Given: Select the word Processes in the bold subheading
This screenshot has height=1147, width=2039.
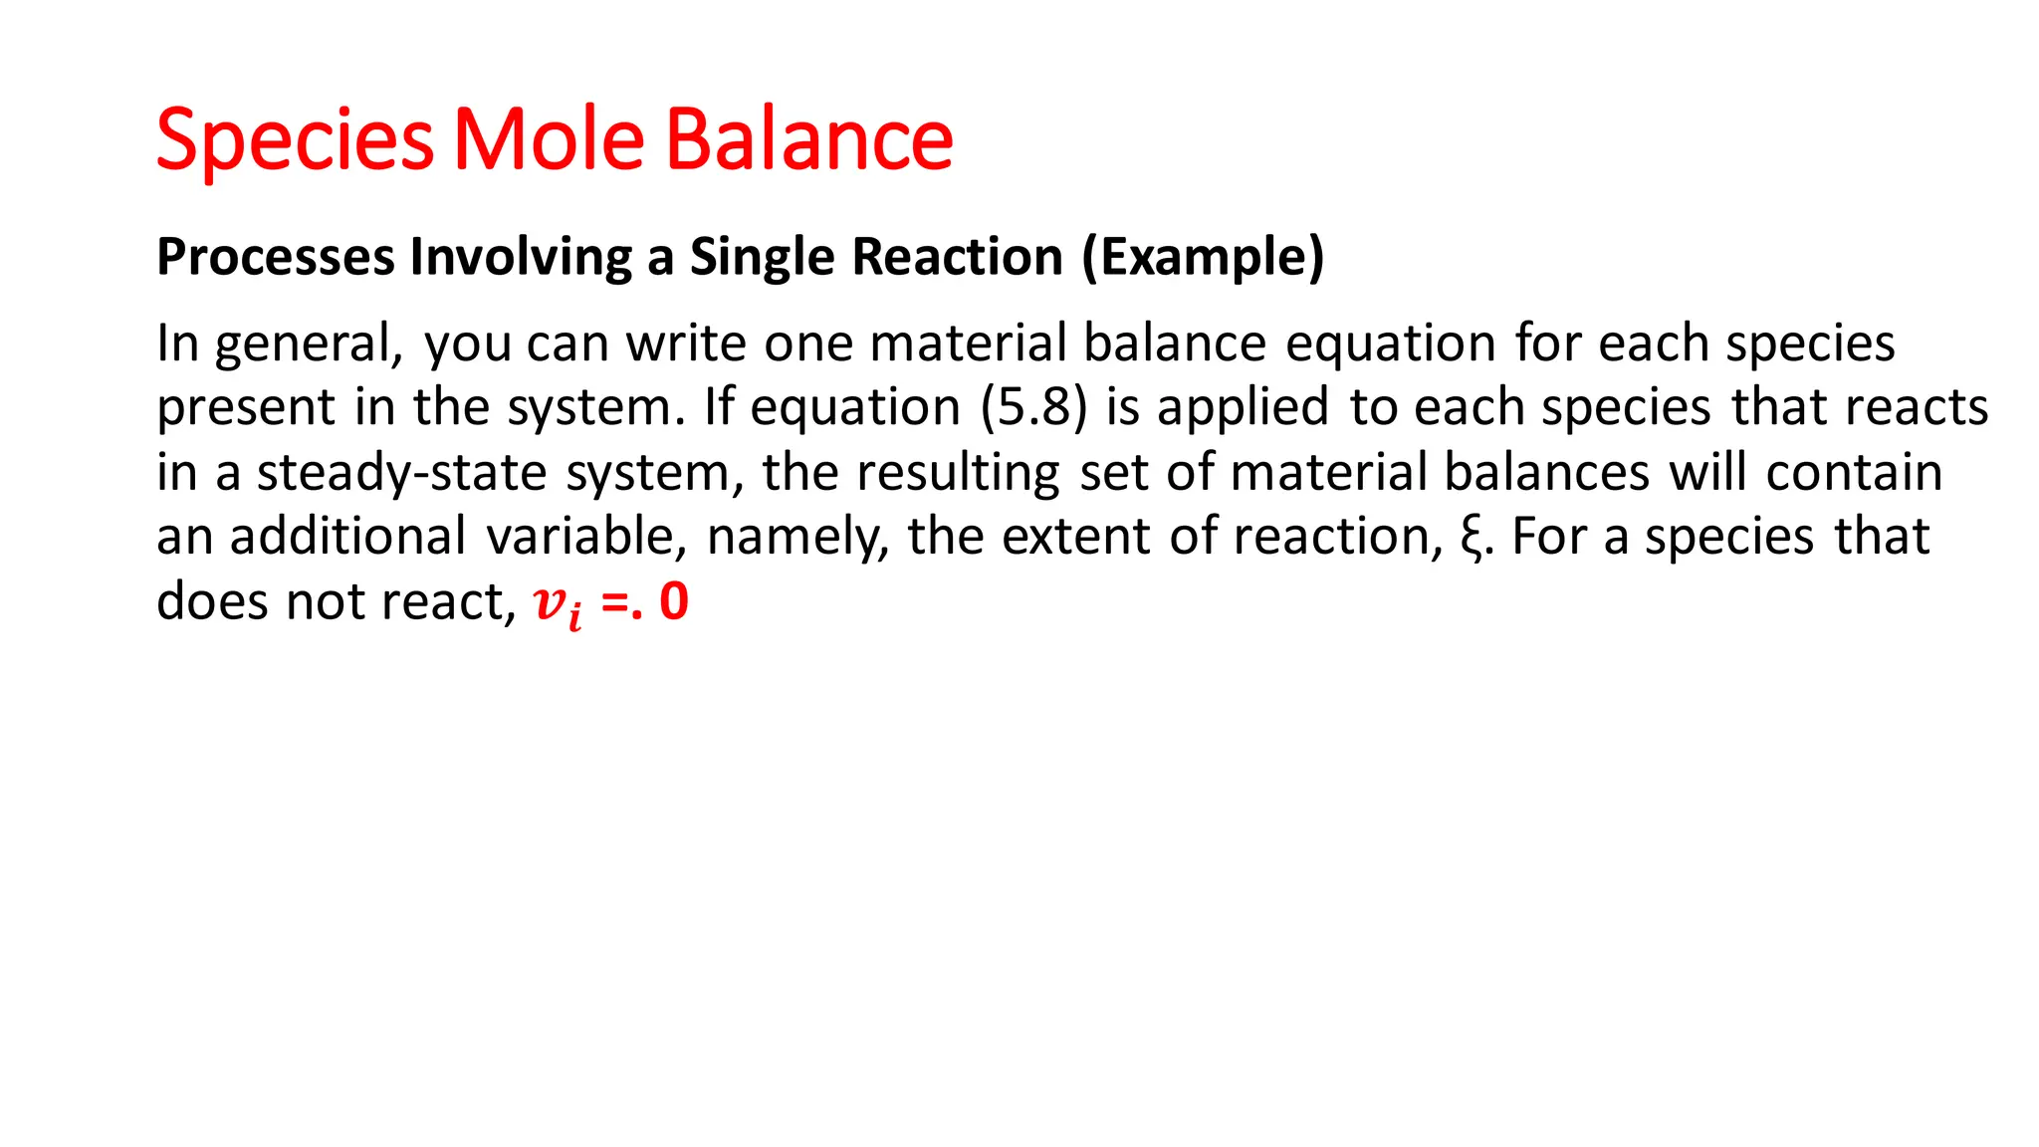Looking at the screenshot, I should click(276, 257).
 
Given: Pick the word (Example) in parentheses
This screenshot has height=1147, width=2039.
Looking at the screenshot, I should click(1204, 257).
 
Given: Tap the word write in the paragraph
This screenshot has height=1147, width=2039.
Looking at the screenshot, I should click(686, 344).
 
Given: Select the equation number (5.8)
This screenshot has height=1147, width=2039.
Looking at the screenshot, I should click(1033, 407).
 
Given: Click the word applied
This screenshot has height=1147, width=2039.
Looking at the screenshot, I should click(1243, 407).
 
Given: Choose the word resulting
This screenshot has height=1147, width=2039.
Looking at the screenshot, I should click(958, 472).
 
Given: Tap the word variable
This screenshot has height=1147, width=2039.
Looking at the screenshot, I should click(586, 537).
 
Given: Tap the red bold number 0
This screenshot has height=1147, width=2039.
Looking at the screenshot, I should click(674, 601).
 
